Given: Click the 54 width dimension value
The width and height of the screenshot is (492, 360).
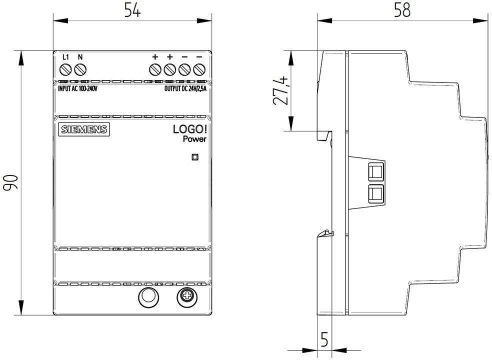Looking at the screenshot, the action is pos(132,10).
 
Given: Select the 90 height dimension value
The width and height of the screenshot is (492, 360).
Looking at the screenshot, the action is pos(10,182).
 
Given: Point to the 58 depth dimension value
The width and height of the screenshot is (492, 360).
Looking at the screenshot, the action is pos(402,10).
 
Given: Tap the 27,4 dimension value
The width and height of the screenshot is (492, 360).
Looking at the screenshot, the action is pos(280,90).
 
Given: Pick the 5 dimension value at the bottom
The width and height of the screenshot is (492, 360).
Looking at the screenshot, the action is pos(324,339).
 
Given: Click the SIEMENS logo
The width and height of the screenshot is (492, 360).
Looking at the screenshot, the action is pos(84,129).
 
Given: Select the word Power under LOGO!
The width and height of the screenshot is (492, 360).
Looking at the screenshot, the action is pos(194,139).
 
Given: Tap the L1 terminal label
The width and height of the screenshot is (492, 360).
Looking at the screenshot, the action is pos(65,57).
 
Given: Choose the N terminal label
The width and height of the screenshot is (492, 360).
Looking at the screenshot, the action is pos(80,57).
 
